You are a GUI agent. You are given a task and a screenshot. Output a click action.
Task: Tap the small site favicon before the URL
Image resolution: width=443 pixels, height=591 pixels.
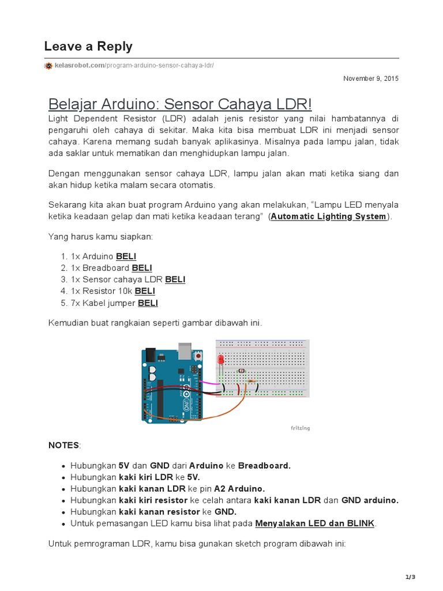click(x=48, y=66)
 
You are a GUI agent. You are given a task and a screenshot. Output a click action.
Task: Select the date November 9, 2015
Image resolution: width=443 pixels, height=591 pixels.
click(x=370, y=78)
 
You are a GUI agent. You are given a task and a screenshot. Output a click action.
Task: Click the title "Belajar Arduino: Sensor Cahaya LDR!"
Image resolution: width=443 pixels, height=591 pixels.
click(x=180, y=104)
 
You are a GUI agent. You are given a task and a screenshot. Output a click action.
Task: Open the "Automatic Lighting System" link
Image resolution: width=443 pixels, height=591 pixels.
click(x=329, y=216)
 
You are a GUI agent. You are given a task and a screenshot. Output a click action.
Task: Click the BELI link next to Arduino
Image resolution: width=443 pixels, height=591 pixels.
click(x=126, y=256)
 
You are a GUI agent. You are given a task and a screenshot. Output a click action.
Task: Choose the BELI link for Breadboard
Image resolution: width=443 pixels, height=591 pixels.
click(x=142, y=268)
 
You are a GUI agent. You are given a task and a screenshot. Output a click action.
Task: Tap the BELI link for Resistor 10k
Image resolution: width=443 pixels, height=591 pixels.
click(x=145, y=291)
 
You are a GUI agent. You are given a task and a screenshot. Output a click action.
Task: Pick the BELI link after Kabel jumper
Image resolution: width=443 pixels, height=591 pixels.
click(x=148, y=303)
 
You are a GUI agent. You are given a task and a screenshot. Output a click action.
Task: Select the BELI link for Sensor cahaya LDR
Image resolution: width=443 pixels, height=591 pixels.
click(x=175, y=279)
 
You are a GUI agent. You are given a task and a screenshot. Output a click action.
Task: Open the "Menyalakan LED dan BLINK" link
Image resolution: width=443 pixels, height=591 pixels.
click(x=315, y=523)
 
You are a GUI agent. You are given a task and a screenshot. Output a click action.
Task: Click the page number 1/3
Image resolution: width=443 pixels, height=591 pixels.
click(x=410, y=577)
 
